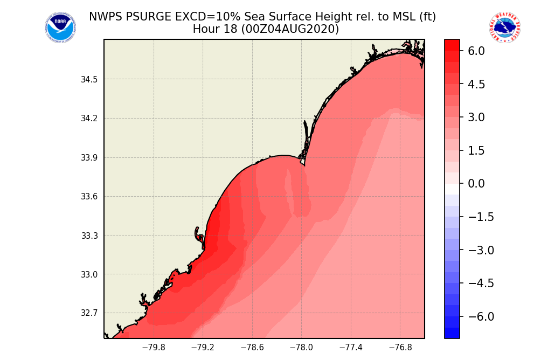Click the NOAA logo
[60, 28]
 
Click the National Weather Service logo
[505, 28]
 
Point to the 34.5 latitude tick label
[89, 80]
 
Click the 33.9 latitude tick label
[89, 158]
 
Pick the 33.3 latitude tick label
[89, 236]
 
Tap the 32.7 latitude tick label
[89, 313]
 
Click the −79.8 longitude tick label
[154, 348]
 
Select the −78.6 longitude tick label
[252, 348]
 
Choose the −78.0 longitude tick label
[301, 348]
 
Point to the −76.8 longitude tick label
[400, 348]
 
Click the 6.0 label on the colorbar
[477, 51]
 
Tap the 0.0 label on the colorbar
[477, 184]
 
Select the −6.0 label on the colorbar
[474, 316]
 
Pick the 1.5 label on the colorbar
[477, 151]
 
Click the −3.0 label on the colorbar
[474, 250]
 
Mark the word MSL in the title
[384, 17]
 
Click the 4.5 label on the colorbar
[477, 84]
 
